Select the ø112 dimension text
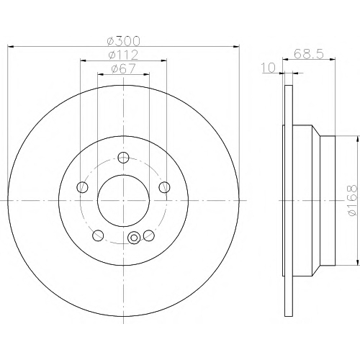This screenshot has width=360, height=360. (x=123, y=55)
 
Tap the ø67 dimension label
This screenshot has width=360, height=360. (x=123, y=69)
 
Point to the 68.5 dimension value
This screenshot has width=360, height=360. (x=309, y=54)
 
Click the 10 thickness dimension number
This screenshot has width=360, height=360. (x=269, y=68)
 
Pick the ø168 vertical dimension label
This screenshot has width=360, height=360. (x=352, y=200)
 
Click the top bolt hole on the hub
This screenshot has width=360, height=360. (x=123, y=158)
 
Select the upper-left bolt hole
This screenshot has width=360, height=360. (x=82, y=187)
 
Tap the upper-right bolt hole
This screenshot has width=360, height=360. (x=164, y=187)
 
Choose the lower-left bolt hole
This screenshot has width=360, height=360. (x=98, y=235)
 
